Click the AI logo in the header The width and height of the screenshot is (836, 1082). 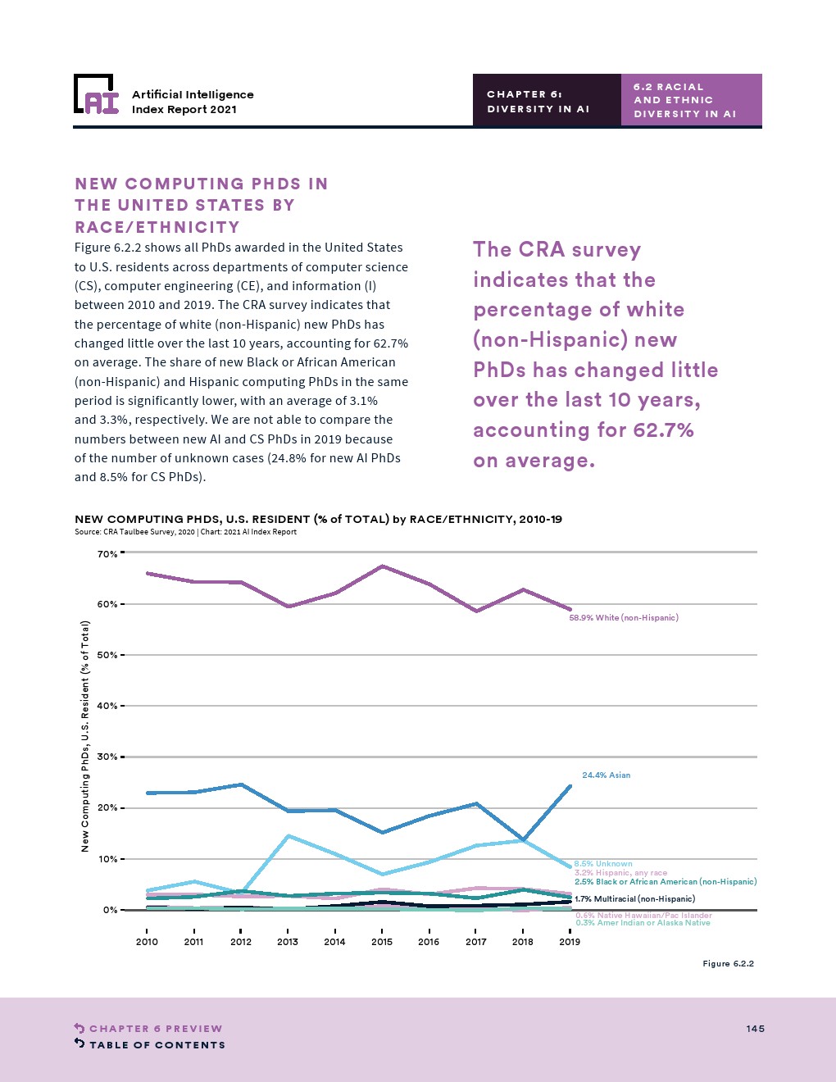[96, 94]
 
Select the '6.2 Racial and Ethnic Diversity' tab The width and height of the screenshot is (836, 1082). [691, 100]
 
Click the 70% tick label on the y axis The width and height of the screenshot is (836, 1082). [107, 554]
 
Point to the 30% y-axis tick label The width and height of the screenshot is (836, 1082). [107, 757]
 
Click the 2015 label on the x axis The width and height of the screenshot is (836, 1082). [382, 942]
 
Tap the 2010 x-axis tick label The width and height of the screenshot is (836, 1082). [147, 942]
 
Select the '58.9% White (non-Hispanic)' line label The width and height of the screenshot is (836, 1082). [624, 618]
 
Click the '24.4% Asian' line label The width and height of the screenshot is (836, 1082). [607, 775]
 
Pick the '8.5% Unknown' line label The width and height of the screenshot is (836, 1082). [603, 864]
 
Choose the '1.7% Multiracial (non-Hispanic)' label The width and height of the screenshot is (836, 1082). [634, 899]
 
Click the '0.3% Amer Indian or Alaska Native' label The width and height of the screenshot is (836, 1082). [643, 923]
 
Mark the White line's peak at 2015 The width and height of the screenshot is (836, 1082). [383, 566]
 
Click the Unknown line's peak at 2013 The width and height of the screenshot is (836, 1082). [289, 836]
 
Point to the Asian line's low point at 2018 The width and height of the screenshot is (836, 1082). [523, 839]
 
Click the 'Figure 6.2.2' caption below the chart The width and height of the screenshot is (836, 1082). [728, 964]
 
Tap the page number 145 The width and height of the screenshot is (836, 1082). [755, 1029]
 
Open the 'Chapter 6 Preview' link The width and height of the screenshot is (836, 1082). [156, 1029]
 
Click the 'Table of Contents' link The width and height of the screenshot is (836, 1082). [157, 1045]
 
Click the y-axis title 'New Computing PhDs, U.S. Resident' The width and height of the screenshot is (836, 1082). [85, 735]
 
